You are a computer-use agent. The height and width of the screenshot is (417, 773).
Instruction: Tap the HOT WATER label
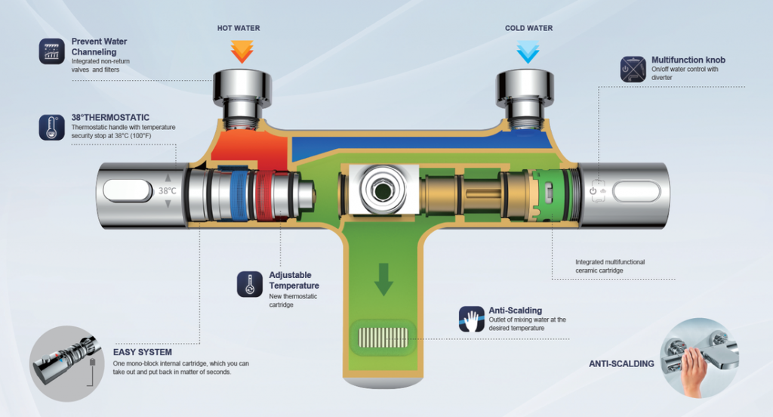point(239,29)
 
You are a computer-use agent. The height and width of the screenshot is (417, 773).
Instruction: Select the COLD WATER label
point(528,29)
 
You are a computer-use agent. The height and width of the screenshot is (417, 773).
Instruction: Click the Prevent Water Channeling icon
point(51,51)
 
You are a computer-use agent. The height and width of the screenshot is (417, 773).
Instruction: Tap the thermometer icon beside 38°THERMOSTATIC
point(51,127)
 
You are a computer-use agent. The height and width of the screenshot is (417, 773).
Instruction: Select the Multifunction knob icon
point(631,69)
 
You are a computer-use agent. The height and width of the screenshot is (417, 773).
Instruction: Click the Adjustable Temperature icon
point(249,283)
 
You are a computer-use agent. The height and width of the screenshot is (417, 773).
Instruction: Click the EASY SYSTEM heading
point(143,352)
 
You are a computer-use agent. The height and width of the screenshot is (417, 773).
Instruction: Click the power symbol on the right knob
point(593,191)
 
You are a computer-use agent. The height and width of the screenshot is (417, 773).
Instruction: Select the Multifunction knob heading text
point(688,60)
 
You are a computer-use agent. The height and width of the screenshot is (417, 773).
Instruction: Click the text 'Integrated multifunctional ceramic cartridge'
point(610,266)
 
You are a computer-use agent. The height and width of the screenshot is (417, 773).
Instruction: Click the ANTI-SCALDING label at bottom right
point(621,364)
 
